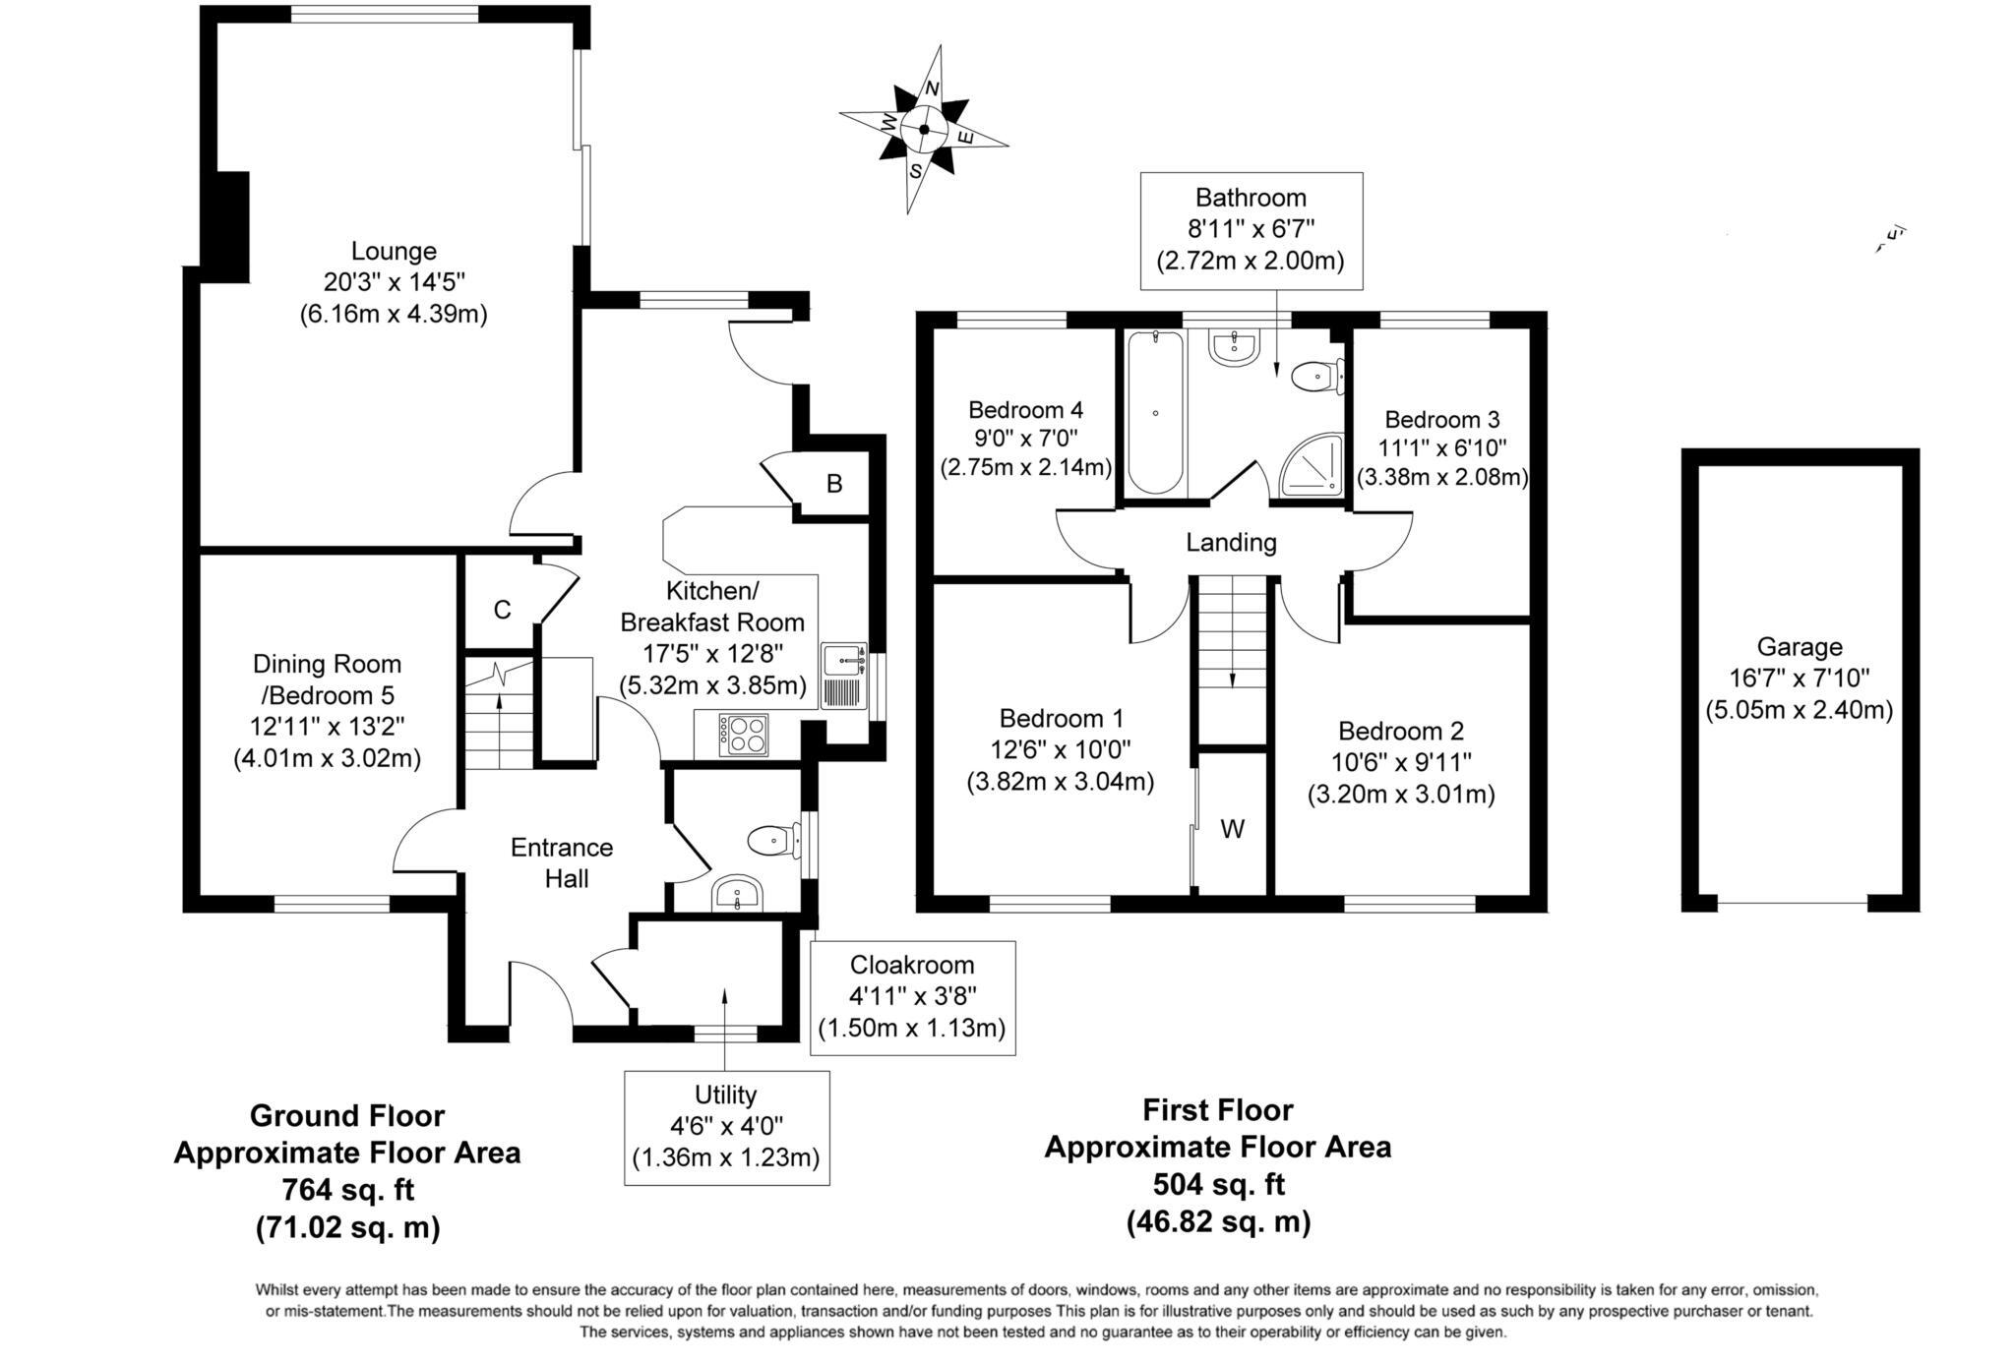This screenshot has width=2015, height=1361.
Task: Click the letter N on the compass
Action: [932, 89]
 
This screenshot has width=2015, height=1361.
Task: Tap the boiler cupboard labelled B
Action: [834, 484]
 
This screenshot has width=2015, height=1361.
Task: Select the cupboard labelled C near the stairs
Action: [502, 610]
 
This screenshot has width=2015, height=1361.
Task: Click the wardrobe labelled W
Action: [1232, 829]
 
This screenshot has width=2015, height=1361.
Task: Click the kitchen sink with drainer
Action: [843, 676]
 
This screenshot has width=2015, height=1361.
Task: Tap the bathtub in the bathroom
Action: [1155, 413]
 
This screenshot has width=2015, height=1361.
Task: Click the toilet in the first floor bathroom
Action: [1315, 376]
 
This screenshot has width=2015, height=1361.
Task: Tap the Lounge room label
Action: [394, 252]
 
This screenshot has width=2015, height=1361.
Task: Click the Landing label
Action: [1231, 542]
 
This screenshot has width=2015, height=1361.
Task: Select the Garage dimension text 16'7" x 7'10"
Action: [1799, 679]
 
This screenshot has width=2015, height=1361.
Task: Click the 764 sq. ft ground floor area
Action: [347, 1190]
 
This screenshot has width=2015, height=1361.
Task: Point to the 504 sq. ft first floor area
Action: [1217, 1184]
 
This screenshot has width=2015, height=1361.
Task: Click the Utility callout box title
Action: [725, 1095]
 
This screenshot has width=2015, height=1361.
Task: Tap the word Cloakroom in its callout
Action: [912, 965]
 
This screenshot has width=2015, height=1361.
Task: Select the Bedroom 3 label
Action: [1441, 420]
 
